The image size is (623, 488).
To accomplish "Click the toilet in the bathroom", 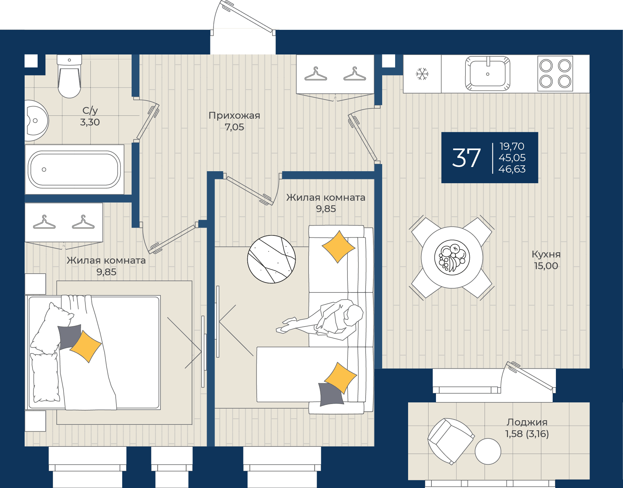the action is (69, 76).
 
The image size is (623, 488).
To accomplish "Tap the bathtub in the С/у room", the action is (75, 169).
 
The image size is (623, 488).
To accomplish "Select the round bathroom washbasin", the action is (36, 121).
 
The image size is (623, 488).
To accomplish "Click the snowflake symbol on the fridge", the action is (422, 74).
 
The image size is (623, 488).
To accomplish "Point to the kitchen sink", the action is (488, 74).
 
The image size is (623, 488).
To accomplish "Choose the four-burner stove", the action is (555, 74).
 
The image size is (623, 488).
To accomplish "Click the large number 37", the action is (466, 158).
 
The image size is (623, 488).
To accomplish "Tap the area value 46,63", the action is (512, 169).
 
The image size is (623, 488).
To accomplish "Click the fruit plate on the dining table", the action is (452, 257).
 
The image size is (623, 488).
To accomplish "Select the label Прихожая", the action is (234, 115).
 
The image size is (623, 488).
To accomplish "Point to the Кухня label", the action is (546, 254).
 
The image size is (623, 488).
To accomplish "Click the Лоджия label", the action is (527, 422).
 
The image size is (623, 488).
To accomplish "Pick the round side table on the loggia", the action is (488, 451).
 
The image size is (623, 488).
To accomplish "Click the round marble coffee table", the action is (272, 259).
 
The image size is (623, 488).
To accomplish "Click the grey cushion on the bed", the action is (69, 337).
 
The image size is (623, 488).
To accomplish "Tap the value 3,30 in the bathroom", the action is (90, 122).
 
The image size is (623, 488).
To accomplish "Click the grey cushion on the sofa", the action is (331, 394).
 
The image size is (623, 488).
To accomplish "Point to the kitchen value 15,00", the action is (546, 266).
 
